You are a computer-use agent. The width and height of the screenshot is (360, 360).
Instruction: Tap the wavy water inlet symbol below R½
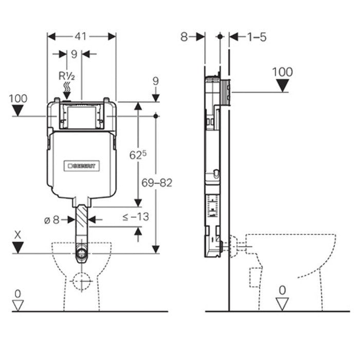[x=68, y=91]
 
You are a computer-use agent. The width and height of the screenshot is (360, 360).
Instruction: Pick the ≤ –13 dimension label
[x=136, y=217]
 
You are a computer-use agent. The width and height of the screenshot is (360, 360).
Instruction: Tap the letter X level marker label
[x=19, y=234]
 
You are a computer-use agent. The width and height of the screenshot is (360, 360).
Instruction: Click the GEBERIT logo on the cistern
[x=83, y=166]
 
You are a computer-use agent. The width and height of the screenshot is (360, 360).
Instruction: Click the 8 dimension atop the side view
[x=185, y=37]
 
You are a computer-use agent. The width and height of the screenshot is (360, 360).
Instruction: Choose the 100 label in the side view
[x=282, y=71]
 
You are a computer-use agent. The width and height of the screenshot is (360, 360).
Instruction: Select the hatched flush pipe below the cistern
[x=82, y=222]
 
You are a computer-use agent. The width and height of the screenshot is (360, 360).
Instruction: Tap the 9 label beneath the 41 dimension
[x=74, y=53]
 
